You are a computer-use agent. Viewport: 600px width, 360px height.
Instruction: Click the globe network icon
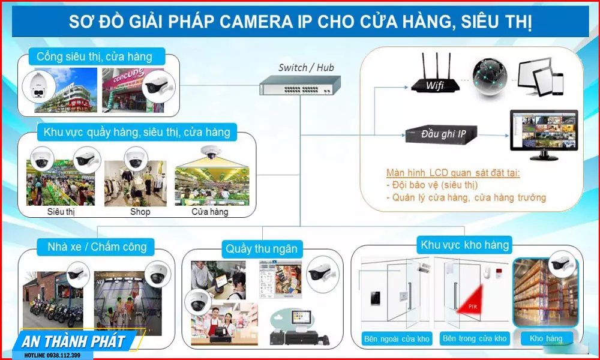489,77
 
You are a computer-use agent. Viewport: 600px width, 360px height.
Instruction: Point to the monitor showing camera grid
544,133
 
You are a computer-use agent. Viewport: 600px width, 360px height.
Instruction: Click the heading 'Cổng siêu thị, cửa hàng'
94,58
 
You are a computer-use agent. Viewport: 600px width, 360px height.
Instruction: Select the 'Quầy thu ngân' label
261,248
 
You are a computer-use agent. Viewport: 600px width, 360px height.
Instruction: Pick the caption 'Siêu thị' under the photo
61,212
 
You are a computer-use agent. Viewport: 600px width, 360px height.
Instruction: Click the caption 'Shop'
140,212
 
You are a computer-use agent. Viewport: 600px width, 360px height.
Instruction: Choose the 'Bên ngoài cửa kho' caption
397,339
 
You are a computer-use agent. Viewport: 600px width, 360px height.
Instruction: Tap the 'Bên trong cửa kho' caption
474,339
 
